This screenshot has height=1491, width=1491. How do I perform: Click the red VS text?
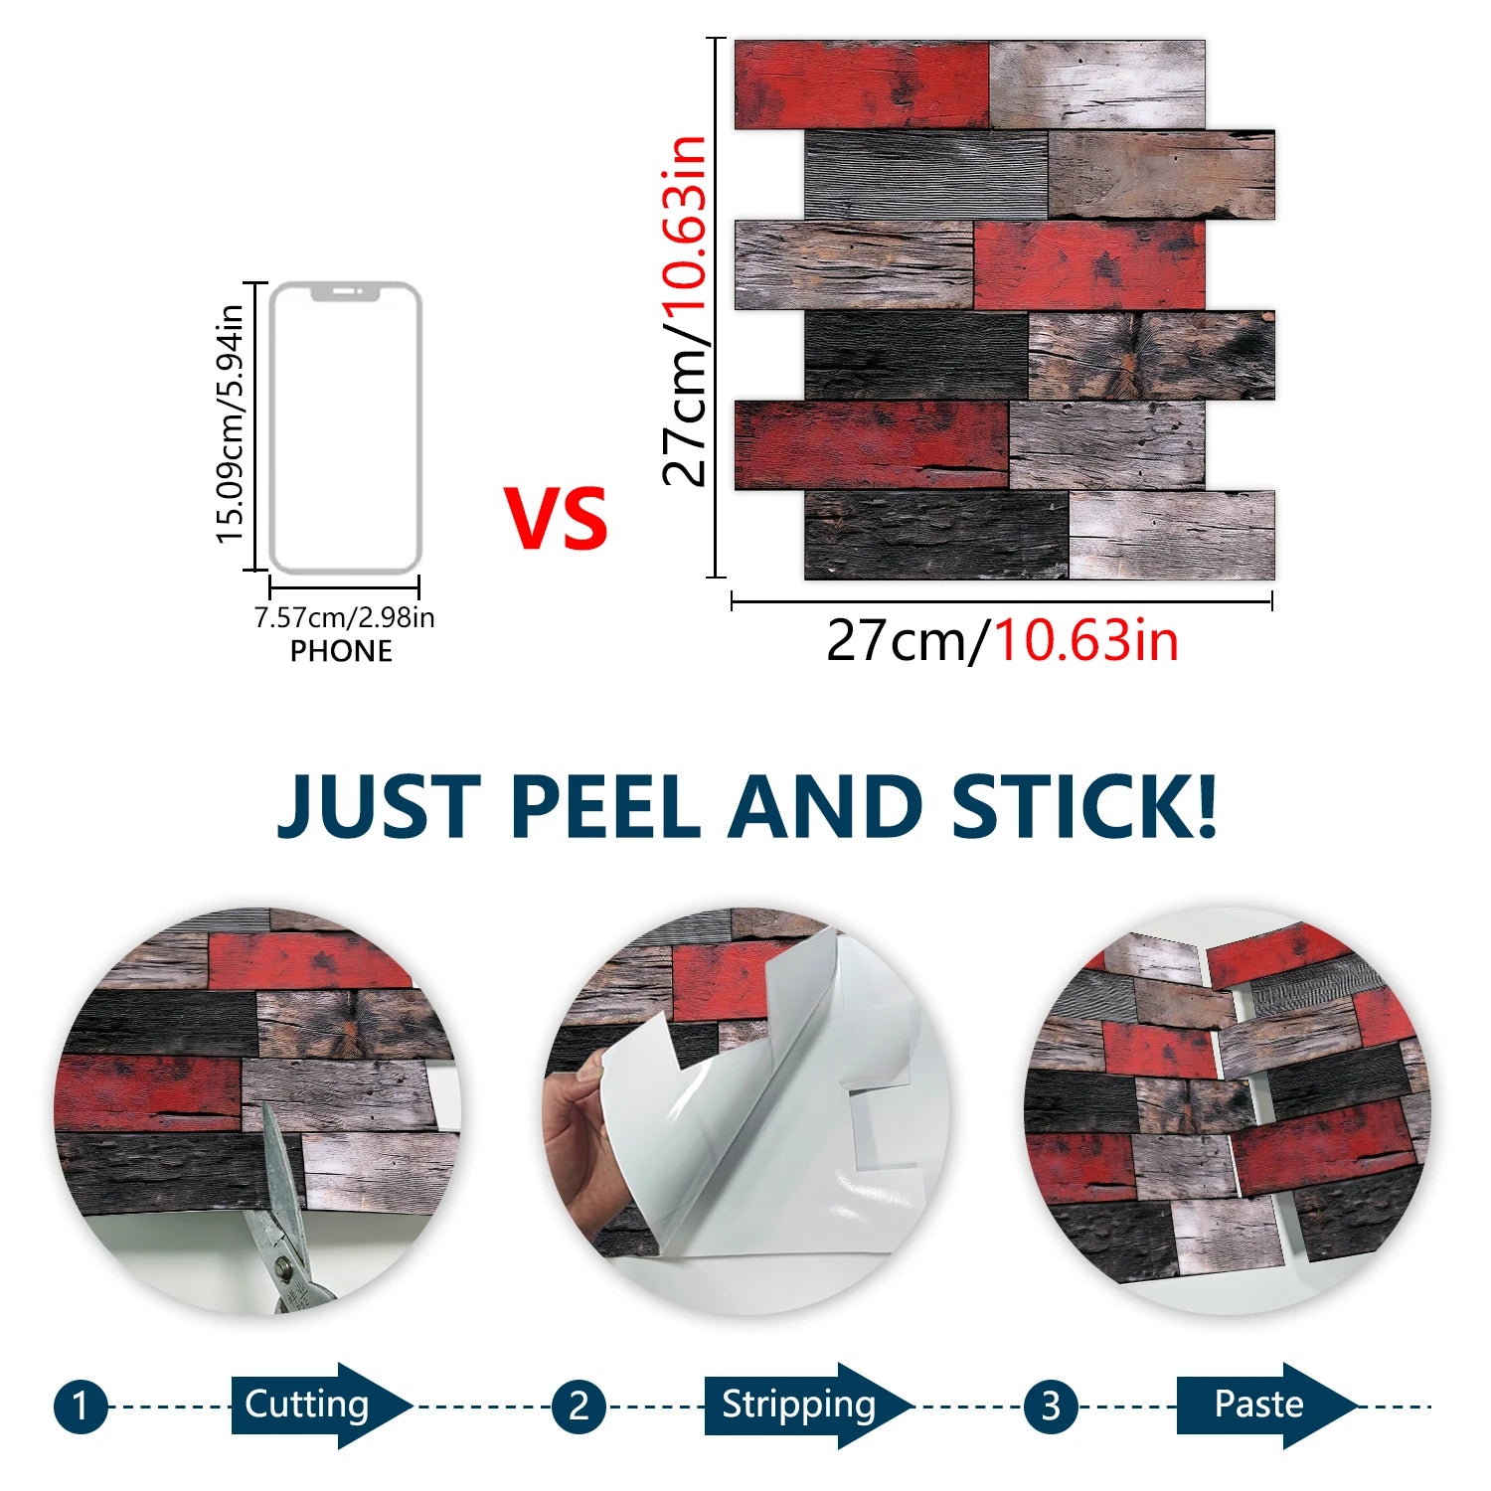pyautogui.click(x=556, y=518)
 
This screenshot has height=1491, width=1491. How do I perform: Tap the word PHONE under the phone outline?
pyautogui.click(x=341, y=651)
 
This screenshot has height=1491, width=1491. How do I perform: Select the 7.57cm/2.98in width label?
pyautogui.click(x=344, y=617)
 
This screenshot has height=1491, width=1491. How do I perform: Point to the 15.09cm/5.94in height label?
pyautogui.click(x=230, y=424)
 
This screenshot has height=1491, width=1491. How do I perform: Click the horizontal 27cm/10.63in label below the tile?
pyautogui.click(x=1002, y=640)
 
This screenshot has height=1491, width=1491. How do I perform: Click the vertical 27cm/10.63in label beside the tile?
pyautogui.click(x=684, y=310)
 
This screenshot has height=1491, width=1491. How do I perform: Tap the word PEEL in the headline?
pyautogui.click(x=605, y=806)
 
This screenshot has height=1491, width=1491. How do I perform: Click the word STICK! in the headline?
pyautogui.click(x=1083, y=806)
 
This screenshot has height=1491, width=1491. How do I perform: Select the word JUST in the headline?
pyautogui.click(x=379, y=806)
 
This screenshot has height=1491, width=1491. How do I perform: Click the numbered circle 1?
pyautogui.click(x=81, y=1407)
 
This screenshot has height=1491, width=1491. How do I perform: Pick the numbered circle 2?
pyautogui.click(x=579, y=1407)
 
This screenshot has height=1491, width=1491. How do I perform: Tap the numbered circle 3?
pyautogui.click(x=1051, y=1407)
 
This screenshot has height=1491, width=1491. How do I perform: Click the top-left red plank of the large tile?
pyautogui.click(x=862, y=84)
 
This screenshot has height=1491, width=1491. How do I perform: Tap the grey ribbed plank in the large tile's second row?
pyautogui.click(x=926, y=175)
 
